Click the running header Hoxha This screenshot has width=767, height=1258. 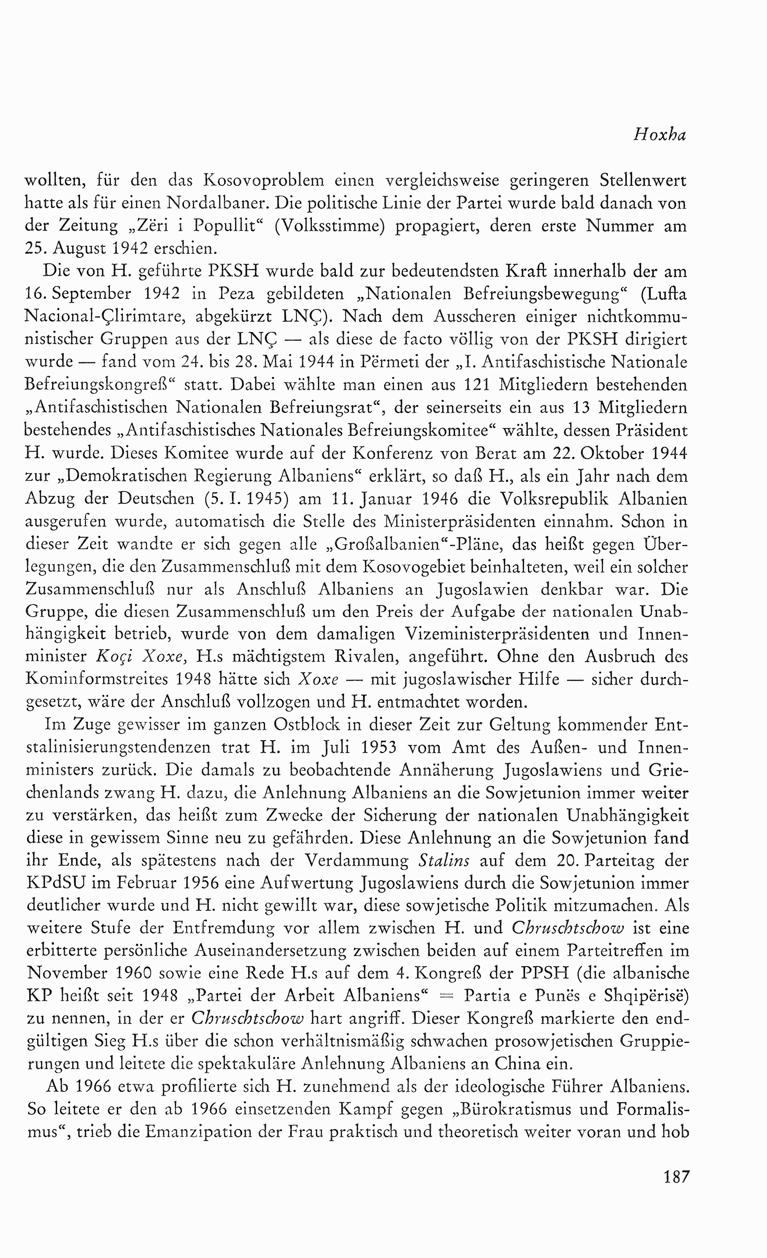pyautogui.click(x=660, y=135)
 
